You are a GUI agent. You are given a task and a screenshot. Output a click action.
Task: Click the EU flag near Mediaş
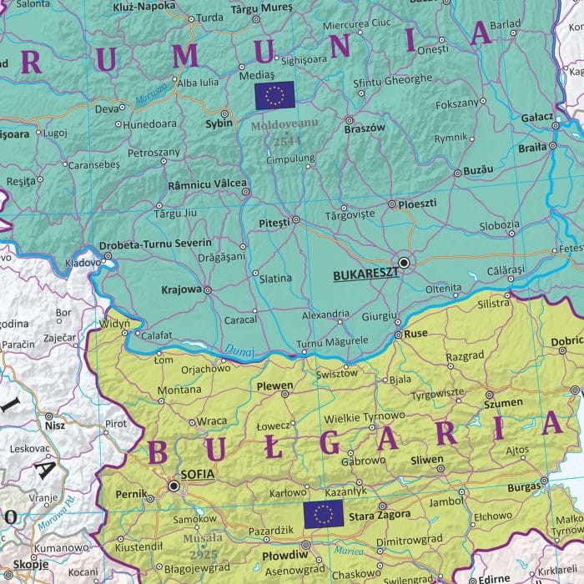[274, 96]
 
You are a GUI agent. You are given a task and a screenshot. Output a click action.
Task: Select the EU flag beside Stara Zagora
[323, 514]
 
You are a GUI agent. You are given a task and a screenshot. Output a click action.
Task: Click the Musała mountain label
[201, 538]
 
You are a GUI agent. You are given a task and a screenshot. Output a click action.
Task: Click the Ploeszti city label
[420, 204]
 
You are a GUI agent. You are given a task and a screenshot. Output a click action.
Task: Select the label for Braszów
[365, 128]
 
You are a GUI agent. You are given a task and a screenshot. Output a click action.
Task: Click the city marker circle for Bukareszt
[404, 262]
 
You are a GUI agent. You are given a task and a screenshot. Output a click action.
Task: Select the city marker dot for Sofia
[174, 485]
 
